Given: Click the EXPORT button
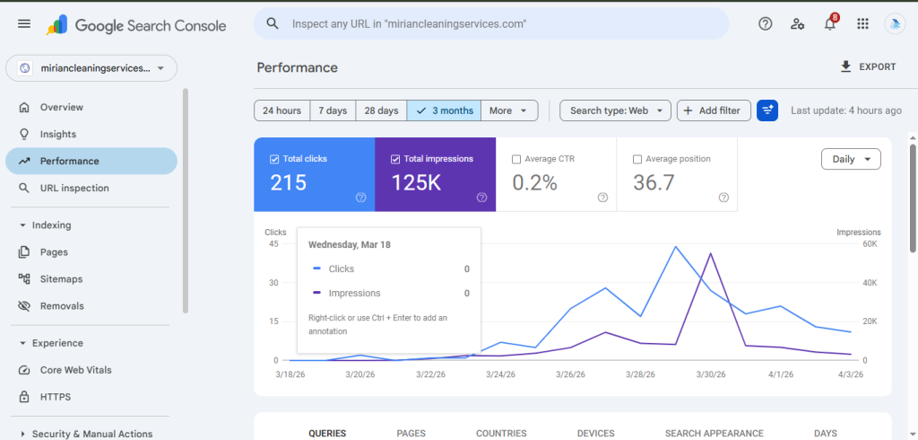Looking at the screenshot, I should [868, 66].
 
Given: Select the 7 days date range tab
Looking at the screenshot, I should [333, 110].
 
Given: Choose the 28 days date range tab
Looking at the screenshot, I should [381, 110].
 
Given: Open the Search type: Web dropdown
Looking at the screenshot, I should [615, 110].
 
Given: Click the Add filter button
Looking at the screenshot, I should [713, 110].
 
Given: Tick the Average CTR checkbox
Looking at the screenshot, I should [516, 159].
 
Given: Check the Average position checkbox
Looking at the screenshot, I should [637, 159].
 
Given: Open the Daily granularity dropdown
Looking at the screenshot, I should [851, 159].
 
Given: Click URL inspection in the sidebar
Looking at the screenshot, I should [74, 189].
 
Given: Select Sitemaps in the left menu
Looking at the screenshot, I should [61, 279].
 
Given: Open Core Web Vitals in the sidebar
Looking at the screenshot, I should [75, 370].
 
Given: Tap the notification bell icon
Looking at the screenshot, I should [830, 24].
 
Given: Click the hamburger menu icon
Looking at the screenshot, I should [24, 24].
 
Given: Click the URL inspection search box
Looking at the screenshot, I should [491, 24].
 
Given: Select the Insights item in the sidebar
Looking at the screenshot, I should [58, 134].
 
